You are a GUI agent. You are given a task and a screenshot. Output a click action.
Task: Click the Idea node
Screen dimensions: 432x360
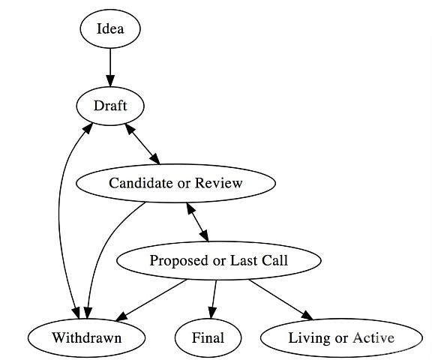[110, 29]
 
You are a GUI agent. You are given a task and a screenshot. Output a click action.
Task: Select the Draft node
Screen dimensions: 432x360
[110, 106]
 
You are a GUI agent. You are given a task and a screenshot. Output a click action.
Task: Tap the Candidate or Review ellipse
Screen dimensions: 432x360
[175, 183]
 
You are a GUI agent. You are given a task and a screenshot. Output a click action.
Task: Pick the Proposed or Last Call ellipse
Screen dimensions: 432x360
[219, 260]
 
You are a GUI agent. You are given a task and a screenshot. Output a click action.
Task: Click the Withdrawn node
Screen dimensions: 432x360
[86, 337]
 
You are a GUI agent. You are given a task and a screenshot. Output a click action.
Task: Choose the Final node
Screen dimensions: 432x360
[208, 337]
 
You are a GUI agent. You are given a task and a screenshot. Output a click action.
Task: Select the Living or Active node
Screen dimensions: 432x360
[341, 337]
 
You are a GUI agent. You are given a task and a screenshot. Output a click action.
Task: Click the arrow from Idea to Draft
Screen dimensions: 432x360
[110, 67]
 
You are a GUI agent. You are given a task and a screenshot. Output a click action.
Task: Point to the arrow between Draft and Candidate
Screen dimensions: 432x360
[142, 144]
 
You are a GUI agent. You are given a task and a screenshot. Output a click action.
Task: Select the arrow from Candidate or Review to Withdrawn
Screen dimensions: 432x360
[105, 248]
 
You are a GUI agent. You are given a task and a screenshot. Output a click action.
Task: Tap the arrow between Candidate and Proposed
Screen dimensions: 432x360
[198, 222]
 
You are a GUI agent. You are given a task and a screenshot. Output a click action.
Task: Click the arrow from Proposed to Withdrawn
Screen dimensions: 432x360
[151, 300]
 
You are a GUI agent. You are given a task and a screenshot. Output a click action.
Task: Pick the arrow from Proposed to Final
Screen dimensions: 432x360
[214, 299]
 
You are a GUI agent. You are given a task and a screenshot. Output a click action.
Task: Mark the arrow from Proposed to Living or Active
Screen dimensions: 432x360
[281, 300]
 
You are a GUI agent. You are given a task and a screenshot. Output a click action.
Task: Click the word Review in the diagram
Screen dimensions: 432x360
[219, 183]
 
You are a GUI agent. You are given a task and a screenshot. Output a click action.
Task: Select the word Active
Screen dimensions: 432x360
[373, 337]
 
